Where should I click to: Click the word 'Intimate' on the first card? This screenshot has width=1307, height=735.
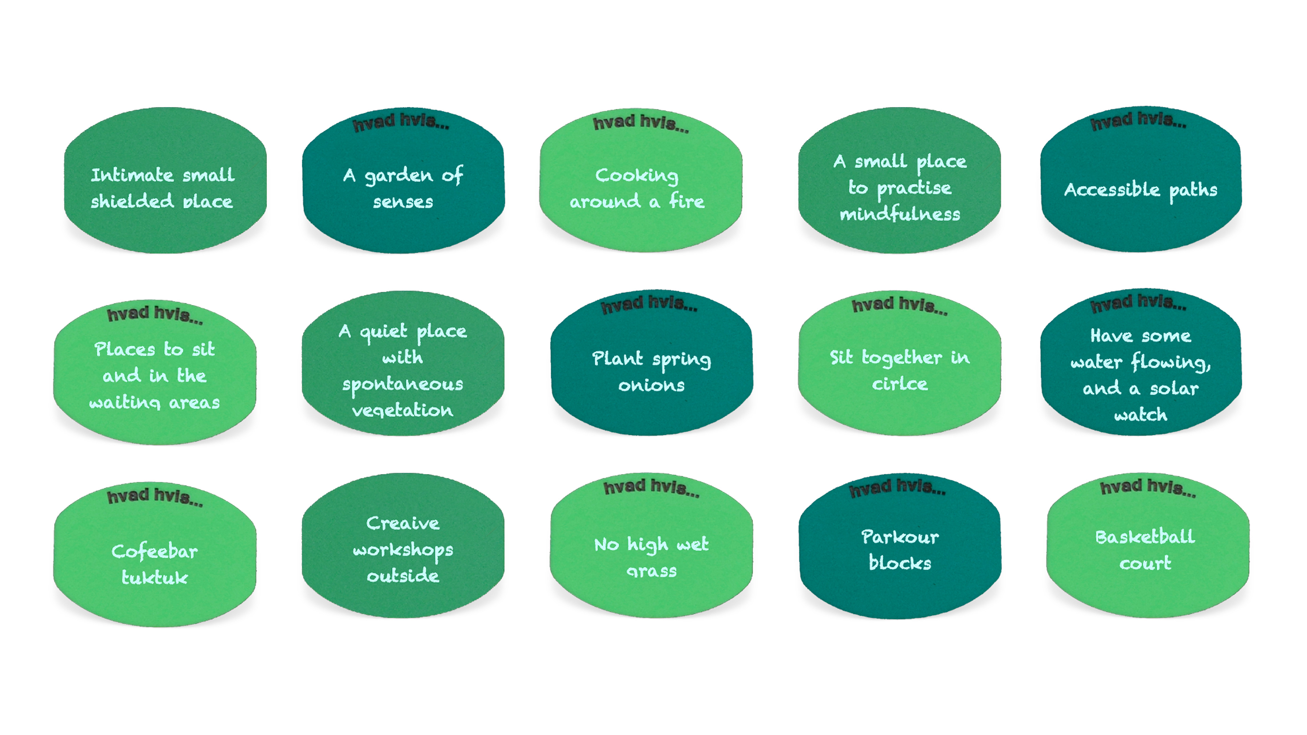pyautogui.click(x=132, y=175)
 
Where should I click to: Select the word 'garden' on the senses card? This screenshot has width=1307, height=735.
pyautogui.click(x=399, y=176)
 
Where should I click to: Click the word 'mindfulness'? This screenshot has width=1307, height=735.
pyautogui.click(x=900, y=214)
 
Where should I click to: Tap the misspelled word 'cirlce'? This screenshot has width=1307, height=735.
pyautogui.click(x=900, y=384)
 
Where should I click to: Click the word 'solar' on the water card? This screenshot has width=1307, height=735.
pyautogui.click(x=1174, y=389)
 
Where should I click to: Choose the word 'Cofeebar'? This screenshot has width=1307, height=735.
pyautogui.click(x=154, y=551)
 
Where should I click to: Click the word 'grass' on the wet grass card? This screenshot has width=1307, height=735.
pyautogui.click(x=651, y=571)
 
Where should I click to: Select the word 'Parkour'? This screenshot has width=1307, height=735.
pyautogui.click(x=900, y=537)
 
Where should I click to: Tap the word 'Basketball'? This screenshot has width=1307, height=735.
pyautogui.click(x=1145, y=537)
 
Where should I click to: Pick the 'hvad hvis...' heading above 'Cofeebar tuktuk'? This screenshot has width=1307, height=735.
pyautogui.click(x=155, y=495)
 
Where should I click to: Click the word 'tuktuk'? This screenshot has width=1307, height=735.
pyautogui.click(x=154, y=578)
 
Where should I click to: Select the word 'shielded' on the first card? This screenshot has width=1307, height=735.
pyautogui.click(x=132, y=201)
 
